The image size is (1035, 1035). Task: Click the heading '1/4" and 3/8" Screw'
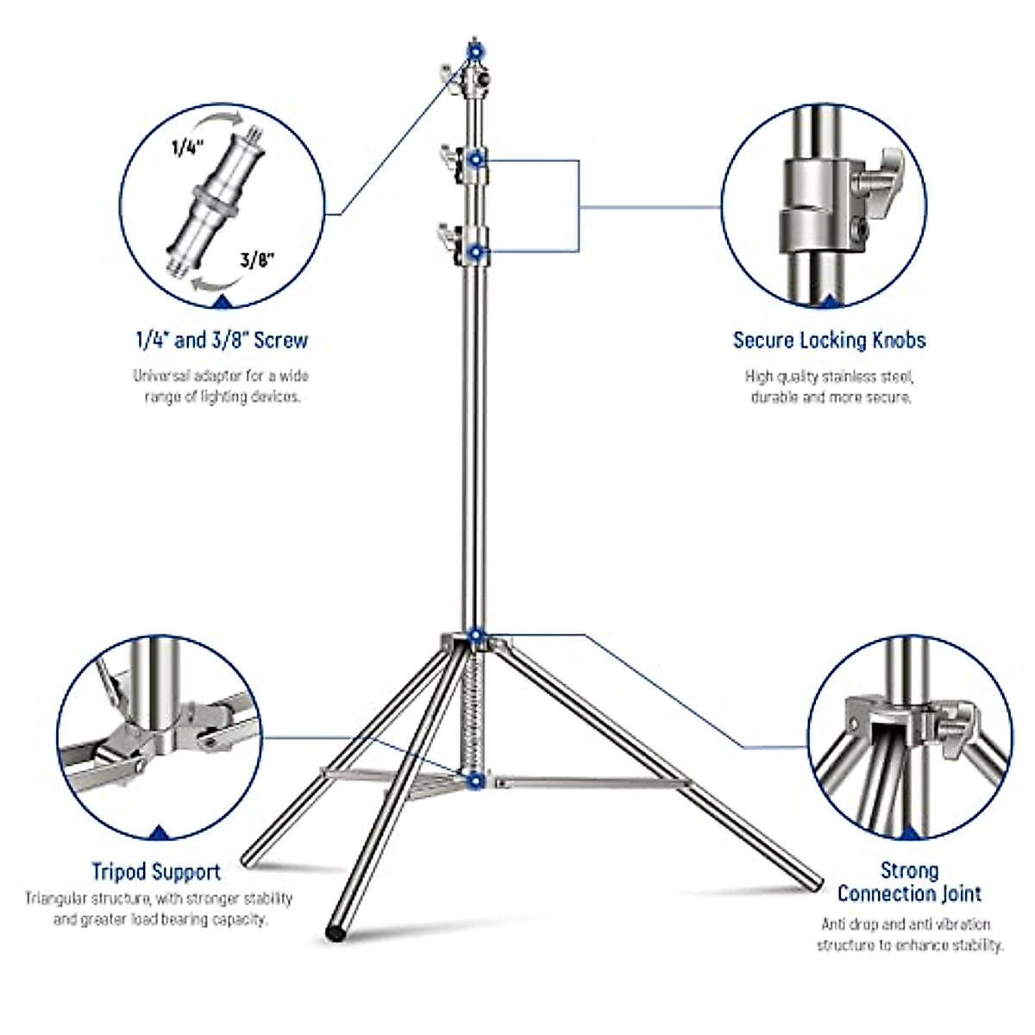tap(222, 340)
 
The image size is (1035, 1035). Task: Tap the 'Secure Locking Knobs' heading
tap(829, 340)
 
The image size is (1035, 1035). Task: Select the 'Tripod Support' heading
tap(156, 872)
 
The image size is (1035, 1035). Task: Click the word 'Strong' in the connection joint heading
tap(909, 870)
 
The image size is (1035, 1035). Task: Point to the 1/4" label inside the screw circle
tap(185, 148)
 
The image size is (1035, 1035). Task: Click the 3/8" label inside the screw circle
tap(258, 260)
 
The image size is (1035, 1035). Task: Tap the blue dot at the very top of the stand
tap(474, 52)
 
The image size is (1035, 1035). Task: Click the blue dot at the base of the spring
tap(474, 781)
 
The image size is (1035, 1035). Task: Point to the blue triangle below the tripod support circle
tap(159, 832)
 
